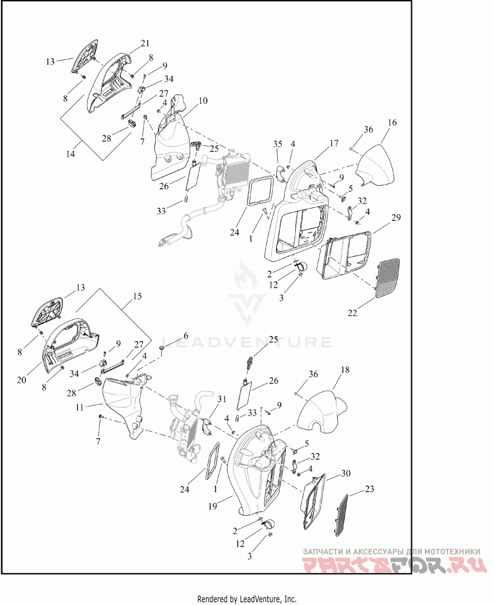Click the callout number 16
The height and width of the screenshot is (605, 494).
pos(392,123)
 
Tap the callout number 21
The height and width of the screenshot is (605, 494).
pos(145,44)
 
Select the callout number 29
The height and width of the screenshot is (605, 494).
pos(396,217)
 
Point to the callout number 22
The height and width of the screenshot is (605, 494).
pos(353,313)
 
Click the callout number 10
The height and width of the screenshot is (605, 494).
pos(203,101)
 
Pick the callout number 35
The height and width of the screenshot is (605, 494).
pos(278,144)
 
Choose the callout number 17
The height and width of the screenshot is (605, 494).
pos(334,143)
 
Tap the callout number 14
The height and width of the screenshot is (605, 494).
pos(70,154)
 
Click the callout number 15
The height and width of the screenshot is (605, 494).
pos(137,296)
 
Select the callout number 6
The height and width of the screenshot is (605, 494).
pos(186,336)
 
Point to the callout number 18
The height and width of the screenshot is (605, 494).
pos(345,370)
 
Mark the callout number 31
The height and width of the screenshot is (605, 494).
pos(222,399)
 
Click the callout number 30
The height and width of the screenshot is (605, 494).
pos(346,473)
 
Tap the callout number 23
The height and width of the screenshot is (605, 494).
pos(369,489)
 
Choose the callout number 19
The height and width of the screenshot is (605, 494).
pos(212,506)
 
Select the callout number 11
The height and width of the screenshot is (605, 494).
pos(80,407)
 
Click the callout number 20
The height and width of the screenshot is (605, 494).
pos(22,380)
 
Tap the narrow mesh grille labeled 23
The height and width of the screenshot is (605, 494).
pos(340,515)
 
